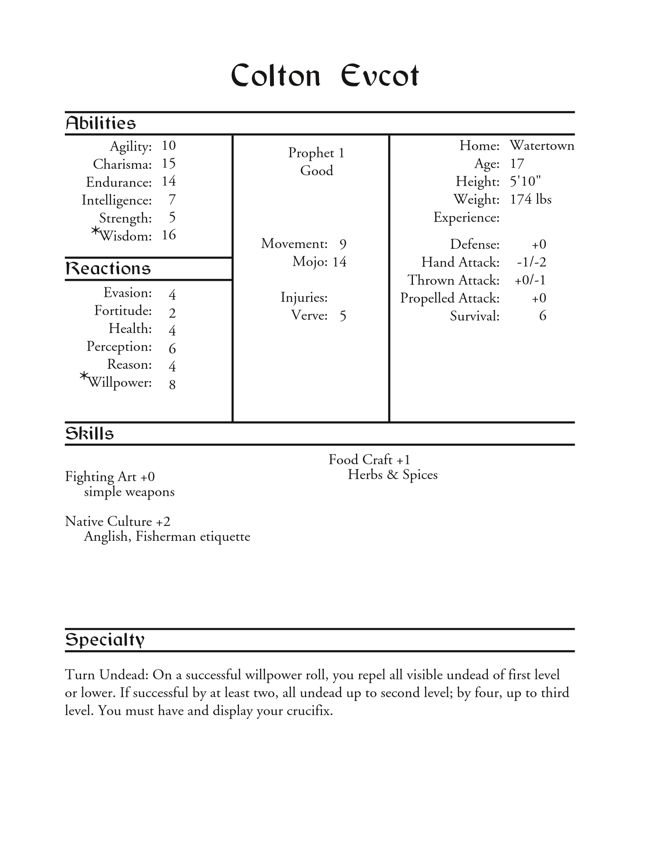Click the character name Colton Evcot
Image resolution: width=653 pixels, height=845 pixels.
(325, 75)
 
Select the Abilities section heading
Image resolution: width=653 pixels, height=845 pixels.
(101, 123)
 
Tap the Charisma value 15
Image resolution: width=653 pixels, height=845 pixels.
(169, 164)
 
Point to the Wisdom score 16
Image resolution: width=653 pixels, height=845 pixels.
(169, 235)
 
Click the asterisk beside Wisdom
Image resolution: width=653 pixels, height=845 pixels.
(95, 231)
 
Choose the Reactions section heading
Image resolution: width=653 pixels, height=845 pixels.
(108, 268)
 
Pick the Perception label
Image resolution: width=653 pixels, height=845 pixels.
(119, 346)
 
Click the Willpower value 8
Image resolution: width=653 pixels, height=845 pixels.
(172, 384)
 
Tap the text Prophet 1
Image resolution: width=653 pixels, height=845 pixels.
(316, 153)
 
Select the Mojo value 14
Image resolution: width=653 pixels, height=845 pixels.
(339, 262)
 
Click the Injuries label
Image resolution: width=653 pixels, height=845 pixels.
(304, 298)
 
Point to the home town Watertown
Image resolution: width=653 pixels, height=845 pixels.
(542, 146)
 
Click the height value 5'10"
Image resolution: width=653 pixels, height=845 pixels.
(525, 181)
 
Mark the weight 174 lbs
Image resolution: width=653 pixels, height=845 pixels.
(530, 199)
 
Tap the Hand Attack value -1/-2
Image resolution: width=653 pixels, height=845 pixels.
(532, 262)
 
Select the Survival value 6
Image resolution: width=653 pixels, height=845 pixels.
(542, 316)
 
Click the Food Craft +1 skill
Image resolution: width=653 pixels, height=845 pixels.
(369, 460)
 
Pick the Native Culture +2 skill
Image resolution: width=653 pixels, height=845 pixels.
(118, 522)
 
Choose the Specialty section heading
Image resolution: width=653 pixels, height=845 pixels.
(105, 640)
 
